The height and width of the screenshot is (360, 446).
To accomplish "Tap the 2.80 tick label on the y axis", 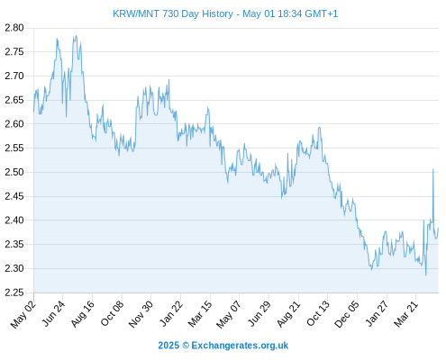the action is tap(14, 28).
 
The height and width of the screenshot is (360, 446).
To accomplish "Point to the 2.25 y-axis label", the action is tap(14, 292).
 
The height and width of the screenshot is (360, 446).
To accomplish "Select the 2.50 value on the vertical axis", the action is tap(14, 172).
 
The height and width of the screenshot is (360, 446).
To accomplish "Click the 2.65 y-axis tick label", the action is tap(14, 100).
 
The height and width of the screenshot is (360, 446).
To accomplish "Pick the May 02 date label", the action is tap(23, 314).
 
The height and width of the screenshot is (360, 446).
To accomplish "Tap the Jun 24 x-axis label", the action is tap(53, 313).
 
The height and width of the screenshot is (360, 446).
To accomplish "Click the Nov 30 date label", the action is tap(141, 314).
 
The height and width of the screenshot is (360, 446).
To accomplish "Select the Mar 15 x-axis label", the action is tap(200, 314).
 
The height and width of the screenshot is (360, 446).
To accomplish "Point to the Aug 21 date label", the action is tap(288, 314).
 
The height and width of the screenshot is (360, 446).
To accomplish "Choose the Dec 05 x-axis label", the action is tap(347, 314).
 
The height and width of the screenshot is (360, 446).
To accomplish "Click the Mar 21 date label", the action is tap(406, 314).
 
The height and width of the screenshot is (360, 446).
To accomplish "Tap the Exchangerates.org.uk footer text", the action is tap(240, 346).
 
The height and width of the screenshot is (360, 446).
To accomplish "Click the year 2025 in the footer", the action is tap(168, 346).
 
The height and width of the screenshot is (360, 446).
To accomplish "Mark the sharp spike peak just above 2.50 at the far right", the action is tap(433, 169).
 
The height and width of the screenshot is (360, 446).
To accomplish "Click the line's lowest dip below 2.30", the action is tap(426, 275).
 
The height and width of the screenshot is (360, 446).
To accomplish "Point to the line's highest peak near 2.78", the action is tap(76, 36).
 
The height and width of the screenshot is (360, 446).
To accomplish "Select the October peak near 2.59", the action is tap(319, 128).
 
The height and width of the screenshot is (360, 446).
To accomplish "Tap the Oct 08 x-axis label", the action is tap(112, 314).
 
